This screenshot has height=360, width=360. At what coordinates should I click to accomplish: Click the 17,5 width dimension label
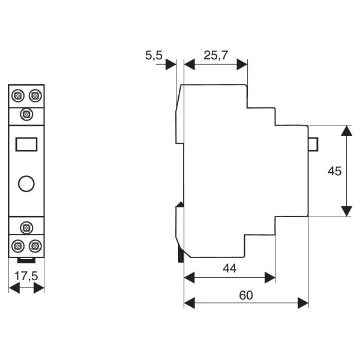point(26,276)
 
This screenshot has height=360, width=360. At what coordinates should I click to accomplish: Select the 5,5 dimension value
point(154,56)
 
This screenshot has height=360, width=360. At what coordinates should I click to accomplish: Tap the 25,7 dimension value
point(216,56)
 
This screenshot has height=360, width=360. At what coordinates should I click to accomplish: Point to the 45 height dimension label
point(335,171)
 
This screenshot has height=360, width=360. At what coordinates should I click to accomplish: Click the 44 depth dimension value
point(229,268)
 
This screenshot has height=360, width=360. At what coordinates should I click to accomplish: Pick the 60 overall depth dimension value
point(246,295)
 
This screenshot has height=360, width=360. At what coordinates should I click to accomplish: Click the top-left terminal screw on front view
point(17,95)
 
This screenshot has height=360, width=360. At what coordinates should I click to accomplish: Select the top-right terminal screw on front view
point(35,95)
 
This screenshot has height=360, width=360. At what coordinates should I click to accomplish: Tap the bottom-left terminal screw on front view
point(17,245)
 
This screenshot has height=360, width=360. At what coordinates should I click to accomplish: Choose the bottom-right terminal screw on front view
point(35,245)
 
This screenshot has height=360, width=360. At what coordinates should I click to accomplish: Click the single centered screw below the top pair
point(26,113)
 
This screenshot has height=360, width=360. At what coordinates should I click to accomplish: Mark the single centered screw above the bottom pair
point(26,227)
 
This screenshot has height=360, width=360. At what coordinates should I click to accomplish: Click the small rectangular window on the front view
point(26,144)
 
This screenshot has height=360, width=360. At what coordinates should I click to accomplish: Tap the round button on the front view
point(26,183)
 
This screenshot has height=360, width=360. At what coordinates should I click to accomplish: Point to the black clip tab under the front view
point(26,260)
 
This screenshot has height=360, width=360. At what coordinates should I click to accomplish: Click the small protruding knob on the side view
point(313,144)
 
